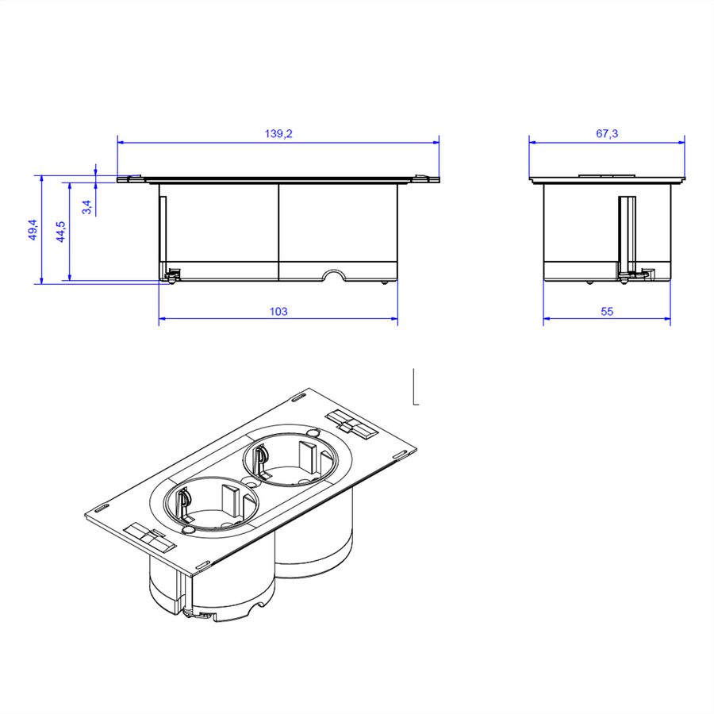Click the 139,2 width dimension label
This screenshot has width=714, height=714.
click(278, 133)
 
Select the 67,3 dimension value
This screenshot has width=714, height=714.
click(607, 133)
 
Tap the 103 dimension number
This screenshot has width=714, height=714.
click(278, 312)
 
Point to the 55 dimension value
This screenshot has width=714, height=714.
click(607, 312)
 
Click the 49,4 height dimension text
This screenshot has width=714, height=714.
click(33, 229)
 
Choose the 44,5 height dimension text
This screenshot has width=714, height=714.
click(60, 232)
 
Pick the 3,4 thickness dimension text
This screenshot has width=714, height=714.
click(87, 207)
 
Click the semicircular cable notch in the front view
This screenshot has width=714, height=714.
click(334, 275)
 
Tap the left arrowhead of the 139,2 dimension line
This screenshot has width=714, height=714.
click(121, 142)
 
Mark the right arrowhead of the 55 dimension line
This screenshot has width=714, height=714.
click(666, 318)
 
